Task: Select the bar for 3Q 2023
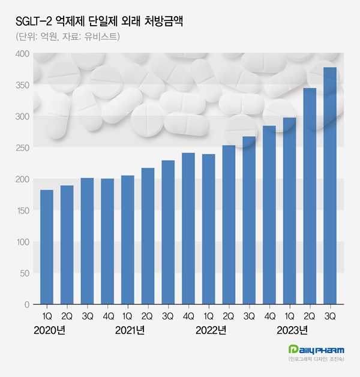(330, 186)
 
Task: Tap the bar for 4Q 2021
(188, 228)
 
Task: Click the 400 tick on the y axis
(22, 54)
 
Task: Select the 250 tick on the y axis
(22, 148)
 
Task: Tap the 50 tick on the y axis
(24, 273)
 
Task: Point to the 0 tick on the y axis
(26, 304)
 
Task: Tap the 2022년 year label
(211, 330)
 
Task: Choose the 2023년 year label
(292, 330)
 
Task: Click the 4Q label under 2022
(269, 316)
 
